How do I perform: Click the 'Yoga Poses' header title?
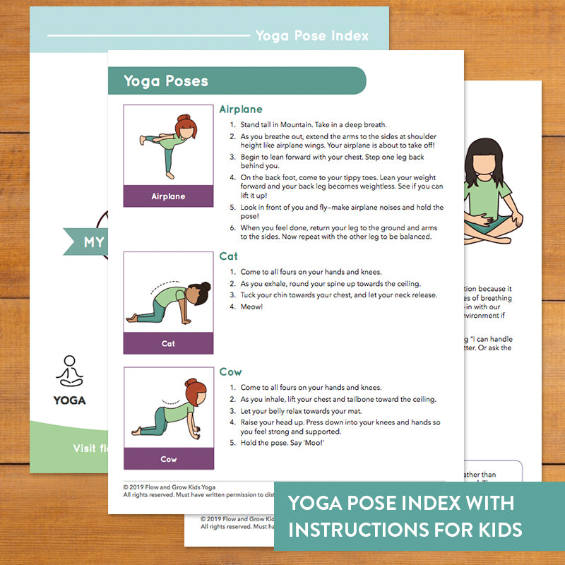click(166, 81)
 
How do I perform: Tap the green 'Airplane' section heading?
click(240, 109)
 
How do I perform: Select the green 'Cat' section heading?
click(228, 256)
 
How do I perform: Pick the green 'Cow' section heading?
click(230, 371)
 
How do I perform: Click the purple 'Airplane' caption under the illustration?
click(168, 196)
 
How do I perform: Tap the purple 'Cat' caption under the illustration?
click(168, 343)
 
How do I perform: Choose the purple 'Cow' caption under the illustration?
click(168, 459)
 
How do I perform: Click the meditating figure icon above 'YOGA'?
click(69, 371)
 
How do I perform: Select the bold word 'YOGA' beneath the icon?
click(69, 400)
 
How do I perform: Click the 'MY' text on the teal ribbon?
click(94, 243)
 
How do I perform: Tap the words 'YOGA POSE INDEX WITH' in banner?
click(400, 504)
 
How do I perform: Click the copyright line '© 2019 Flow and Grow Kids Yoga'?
click(169, 487)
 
